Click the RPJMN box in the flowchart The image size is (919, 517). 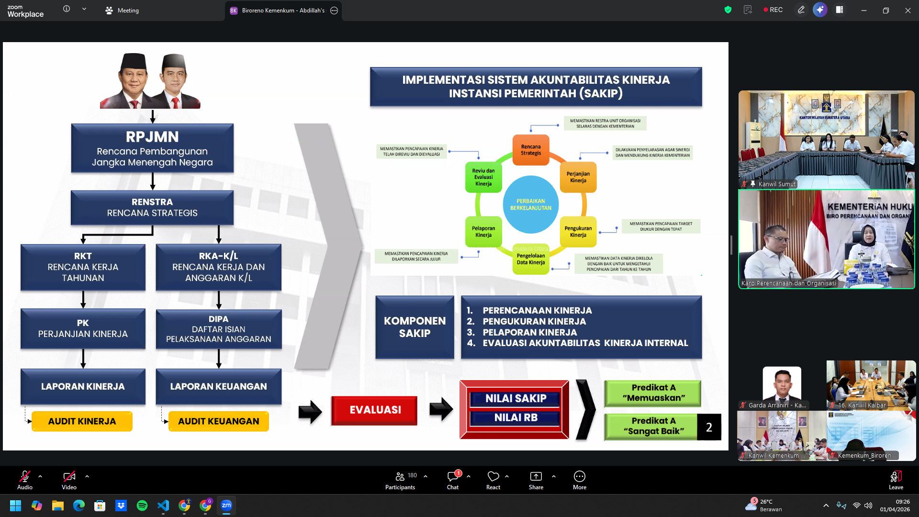(152, 148)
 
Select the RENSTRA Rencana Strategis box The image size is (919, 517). (152, 207)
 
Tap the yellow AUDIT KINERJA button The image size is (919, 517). (82, 421)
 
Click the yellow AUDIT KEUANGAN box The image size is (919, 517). (218, 421)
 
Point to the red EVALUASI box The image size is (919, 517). (374, 410)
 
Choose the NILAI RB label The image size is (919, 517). (515, 418)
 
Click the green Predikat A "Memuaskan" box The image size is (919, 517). (653, 393)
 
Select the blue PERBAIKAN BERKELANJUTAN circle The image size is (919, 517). (530, 204)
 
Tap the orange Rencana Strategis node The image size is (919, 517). (531, 150)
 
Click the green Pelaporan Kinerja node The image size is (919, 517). (483, 232)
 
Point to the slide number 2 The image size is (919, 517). (709, 427)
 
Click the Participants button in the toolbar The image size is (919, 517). (400, 480)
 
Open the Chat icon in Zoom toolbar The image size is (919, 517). (452, 480)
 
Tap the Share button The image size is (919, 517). (536, 480)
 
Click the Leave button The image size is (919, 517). (896, 480)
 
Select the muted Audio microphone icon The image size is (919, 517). (24, 476)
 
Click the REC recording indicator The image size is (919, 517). (773, 10)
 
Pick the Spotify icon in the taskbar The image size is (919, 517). (142, 506)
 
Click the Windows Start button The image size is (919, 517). (15, 506)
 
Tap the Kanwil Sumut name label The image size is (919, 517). (776, 184)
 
